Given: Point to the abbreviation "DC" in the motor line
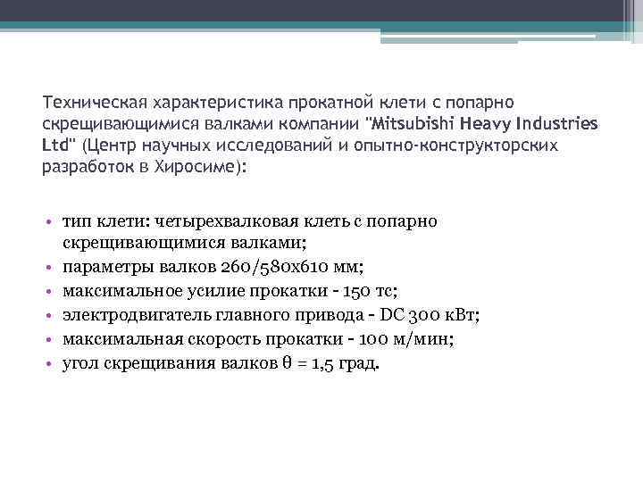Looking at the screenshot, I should click(391, 315).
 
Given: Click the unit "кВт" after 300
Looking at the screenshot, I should click(460, 315).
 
